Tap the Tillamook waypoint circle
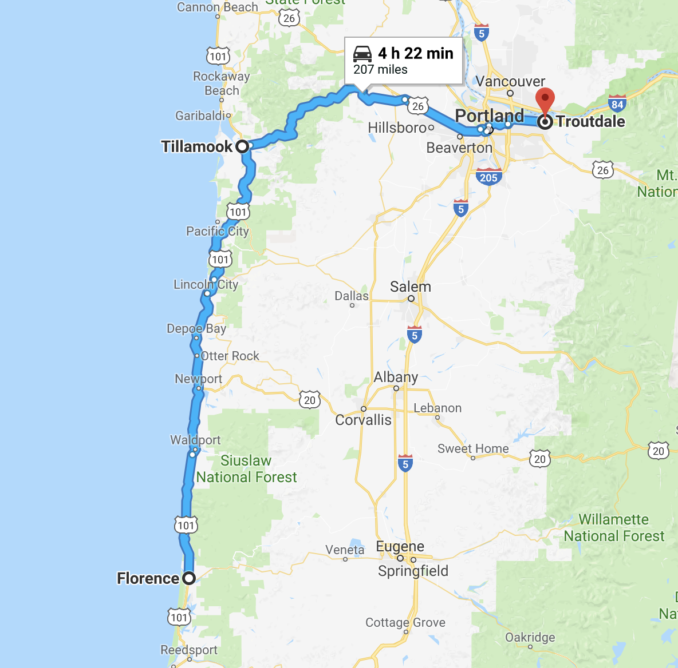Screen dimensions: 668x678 [x=242, y=146]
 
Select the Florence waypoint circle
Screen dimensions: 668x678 [x=189, y=578]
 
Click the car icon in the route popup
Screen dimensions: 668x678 [x=362, y=53]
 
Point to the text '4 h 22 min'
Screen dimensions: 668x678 [x=416, y=53]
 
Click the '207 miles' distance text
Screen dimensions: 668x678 [x=380, y=70]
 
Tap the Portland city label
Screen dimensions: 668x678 [x=489, y=116]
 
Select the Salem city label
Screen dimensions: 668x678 [x=410, y=287]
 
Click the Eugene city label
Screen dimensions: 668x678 [x=400, y=546]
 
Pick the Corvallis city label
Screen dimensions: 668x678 [x=363, y=420]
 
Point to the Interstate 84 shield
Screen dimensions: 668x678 [x=617, y=104]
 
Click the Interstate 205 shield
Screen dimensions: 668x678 [x=488, y=177]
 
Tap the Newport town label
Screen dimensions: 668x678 [x=198, y=379]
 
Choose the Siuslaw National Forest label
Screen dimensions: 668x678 [x=246, y=469]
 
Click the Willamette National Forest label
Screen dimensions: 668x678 [x=614, y=528]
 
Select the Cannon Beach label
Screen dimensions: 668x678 [x=217, y=7]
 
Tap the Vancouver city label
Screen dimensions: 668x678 [x=510, y=81]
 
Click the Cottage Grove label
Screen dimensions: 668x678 [x=405, y=622]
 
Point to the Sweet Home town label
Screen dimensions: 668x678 [x=473, y=448]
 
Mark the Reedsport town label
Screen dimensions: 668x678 [x=189, y=650]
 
